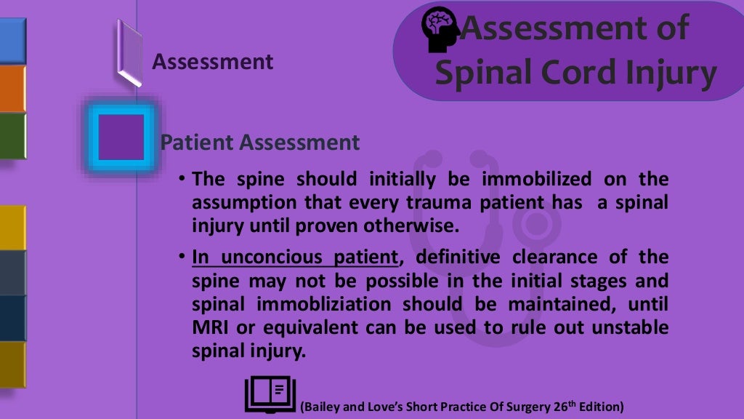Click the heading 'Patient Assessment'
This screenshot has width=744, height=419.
pos(259,142)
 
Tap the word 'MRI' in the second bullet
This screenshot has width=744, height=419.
pos(211,327)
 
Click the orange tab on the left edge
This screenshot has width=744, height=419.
pos(12,88)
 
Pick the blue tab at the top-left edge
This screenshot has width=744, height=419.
pos(12,41)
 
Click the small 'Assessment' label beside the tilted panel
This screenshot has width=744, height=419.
pos(212,62)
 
